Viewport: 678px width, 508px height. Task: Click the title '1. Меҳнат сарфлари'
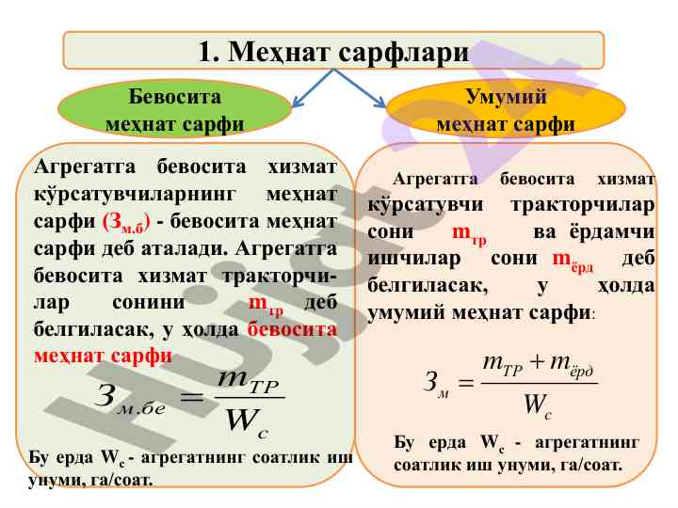pyautogui.click(x=333, y=51)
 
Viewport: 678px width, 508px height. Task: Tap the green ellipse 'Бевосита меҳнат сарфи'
pyautogui.click(x=175, y=109)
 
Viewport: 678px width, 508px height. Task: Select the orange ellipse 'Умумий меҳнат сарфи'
pyautogui.click(x=506, y=109)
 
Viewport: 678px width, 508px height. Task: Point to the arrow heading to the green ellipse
pyautogui.click(x=313, y=88)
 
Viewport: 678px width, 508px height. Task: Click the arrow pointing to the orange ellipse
pyautogui.click(x=360, y=88)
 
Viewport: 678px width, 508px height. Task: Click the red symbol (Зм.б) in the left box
pyautogui.click(x=127, y=223)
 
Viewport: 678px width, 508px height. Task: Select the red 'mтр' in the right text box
pyautogui.click(x=470, y=234)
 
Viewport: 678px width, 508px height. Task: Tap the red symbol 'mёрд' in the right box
pyautogui.click(x=573, y=261)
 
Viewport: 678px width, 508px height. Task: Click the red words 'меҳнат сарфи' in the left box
pyautogui.click(x=104, y=356)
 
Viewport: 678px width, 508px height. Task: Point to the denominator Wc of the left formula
pyautogui.click(x=248, y=421)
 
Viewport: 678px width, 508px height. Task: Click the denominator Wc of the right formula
pyautogui.click(x=538, y=405)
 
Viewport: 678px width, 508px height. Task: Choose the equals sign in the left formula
pyautogui.click(x=191, y=397)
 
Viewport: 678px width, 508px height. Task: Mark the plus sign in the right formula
pyautogui.click(x=536, y=362)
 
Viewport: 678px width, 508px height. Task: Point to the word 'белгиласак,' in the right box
pyautogui.click(x=428, y=286)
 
